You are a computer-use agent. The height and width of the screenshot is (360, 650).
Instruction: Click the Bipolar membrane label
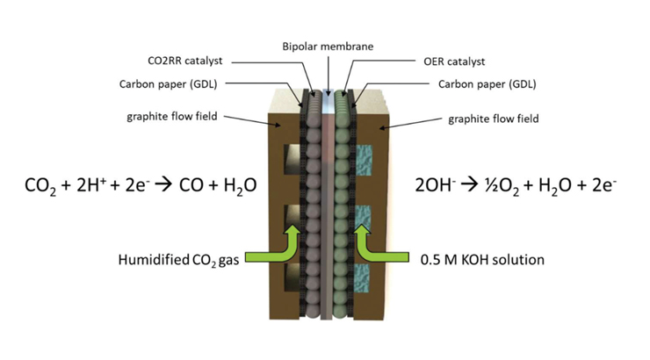[328, 46]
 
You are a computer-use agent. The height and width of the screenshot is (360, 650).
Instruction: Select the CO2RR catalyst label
[184, 61]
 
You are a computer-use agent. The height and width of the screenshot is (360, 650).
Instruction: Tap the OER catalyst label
[454, 61]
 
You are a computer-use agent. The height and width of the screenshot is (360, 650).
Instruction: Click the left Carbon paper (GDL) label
[168, 84]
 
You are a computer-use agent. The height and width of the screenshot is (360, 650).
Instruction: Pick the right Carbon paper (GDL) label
[487, 84]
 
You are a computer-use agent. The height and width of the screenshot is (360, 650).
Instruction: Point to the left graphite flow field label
[171, 117]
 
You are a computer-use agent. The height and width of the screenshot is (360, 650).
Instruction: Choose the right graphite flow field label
[494, 119]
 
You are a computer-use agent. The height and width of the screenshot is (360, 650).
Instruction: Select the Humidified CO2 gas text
[178, 260]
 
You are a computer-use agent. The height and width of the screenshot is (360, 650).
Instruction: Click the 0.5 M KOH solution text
[482, 260]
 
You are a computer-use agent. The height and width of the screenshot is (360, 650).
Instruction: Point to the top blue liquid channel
[364, 160]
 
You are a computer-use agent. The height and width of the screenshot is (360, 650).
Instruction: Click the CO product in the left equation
[192, 185]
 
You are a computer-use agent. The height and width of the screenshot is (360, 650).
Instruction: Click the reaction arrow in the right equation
[470, 185]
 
